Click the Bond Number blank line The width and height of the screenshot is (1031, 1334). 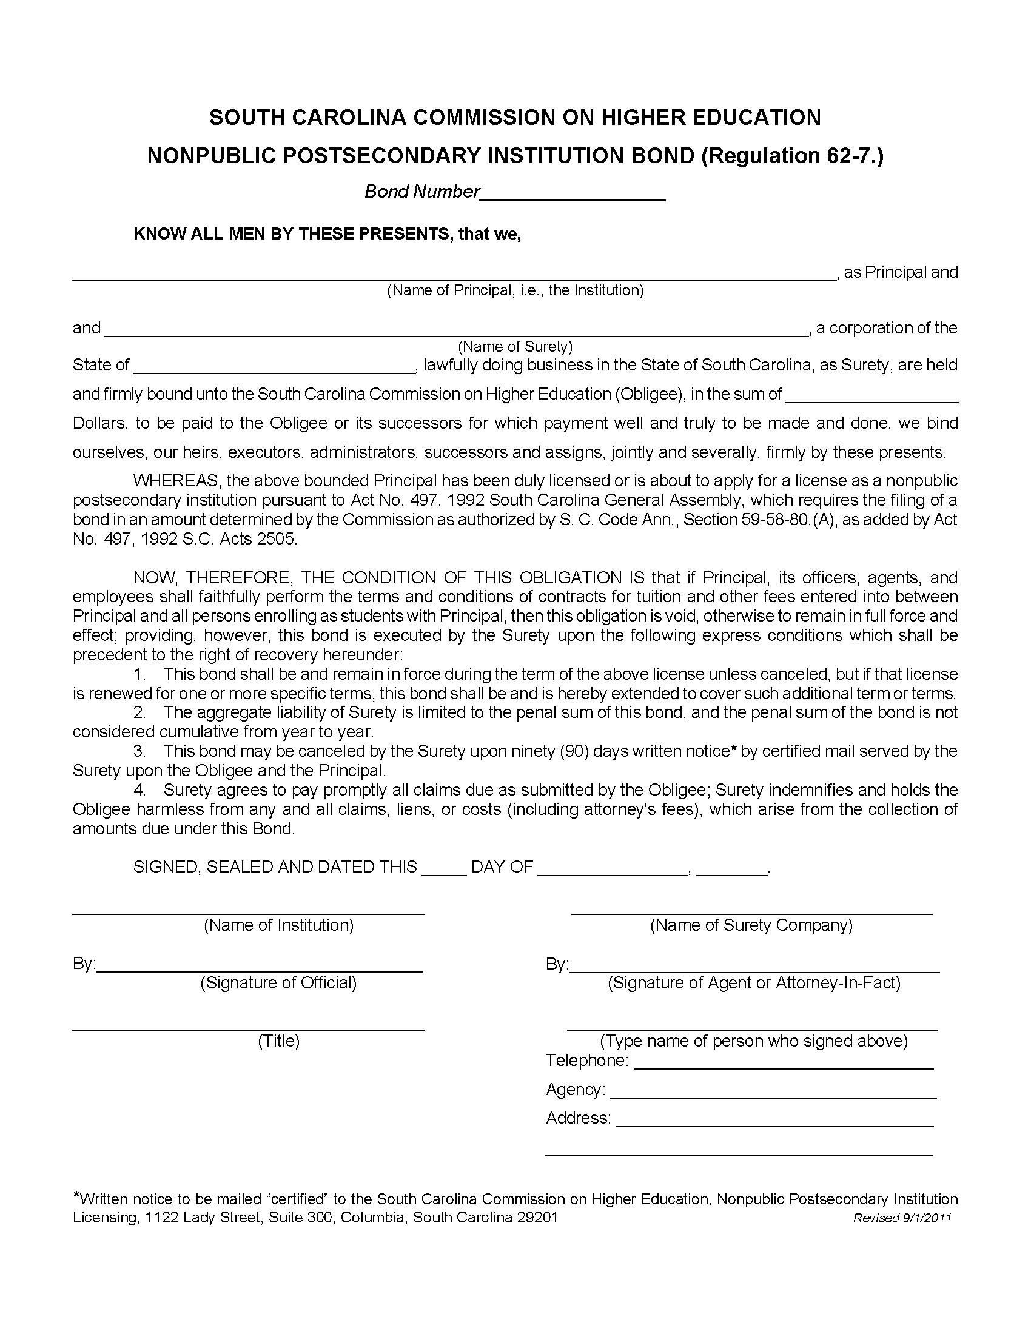point(573,194)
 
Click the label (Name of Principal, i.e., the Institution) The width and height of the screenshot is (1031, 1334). point(515,290)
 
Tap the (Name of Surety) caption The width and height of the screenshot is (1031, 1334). point(515,347)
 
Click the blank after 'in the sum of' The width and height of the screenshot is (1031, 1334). point(871,396)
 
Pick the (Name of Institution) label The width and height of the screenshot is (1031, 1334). point(278,925)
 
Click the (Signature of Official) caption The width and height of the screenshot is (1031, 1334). point(278,983)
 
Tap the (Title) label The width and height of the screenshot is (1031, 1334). point(278,1041)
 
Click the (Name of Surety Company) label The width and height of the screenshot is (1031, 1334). point(751,925)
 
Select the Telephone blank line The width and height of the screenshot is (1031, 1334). point(784,1063)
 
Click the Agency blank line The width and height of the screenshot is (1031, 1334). point(773,1091)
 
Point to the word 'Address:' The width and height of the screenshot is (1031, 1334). point(578,1118)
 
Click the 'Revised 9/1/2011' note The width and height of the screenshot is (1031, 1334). point(901,1218)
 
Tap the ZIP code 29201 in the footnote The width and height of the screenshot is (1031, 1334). point(537,1218)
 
